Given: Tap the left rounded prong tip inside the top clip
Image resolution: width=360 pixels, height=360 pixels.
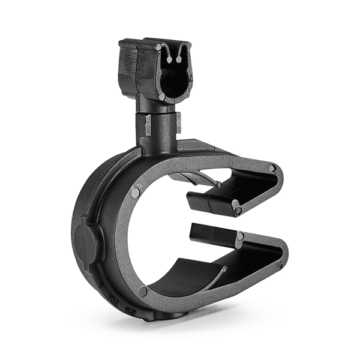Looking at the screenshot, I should point(169,59).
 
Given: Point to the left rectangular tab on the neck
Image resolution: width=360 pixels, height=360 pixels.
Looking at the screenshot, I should point(148,124).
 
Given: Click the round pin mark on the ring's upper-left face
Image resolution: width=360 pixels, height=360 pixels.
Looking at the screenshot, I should point(136,193).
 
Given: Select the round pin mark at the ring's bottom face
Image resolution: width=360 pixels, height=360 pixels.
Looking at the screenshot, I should point(143,292).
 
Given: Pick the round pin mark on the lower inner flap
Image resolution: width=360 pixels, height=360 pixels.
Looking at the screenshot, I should point(239,237).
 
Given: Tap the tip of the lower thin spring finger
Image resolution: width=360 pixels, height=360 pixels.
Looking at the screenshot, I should point(226,269).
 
